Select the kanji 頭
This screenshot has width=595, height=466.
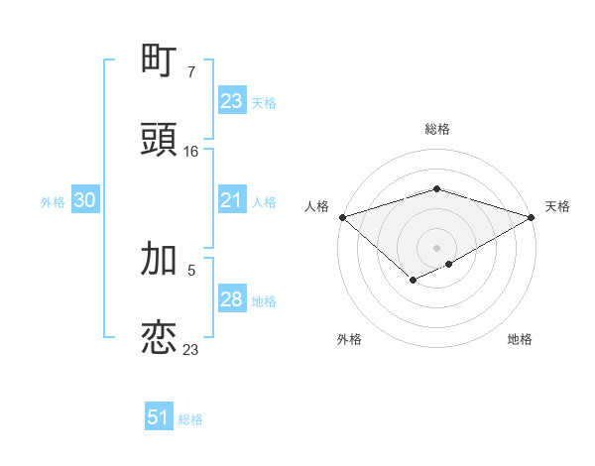click(x=160, y=140)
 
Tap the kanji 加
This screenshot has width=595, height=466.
click(x=160, y=258)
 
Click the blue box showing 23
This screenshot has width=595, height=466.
click(x=232, y=101)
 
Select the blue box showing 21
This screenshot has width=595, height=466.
click(x=232, y=201)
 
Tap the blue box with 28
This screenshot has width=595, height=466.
click(x=232, y=300)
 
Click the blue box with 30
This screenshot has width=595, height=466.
click(x=85, y=201)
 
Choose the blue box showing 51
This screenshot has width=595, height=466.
click(x=159, y=418)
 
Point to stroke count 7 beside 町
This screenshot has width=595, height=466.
click(x=191, y=72)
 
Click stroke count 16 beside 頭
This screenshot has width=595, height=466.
click(x=191, y=152)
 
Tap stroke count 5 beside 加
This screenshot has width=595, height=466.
click(x=191, y=270)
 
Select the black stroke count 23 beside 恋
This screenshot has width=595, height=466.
click(x=191, y=350)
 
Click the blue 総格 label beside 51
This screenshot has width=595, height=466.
click(x=190, y=419)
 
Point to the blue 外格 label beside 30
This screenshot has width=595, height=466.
click(x=53, y=202)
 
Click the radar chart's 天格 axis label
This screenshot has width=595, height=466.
click(x=557, y=206)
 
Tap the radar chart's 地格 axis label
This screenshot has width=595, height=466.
click(x=520, y=339)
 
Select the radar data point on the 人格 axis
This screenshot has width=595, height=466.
click(x=342, y=217)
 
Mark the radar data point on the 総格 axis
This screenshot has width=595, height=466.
click(x=436, y=188)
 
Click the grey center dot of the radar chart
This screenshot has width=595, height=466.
click(x=436, y=247)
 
